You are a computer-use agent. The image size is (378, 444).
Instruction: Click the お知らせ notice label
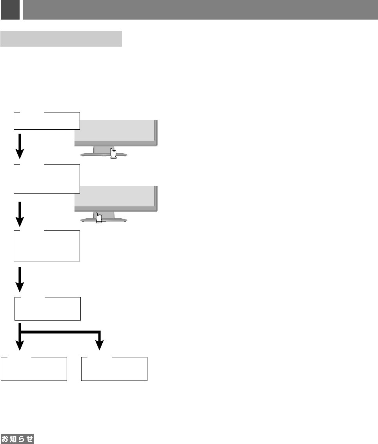(17, 439)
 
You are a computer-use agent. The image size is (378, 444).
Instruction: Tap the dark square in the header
(10, 10)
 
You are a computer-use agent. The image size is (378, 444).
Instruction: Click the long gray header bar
(200, 10)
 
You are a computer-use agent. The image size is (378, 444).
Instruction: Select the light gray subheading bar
(61, 39)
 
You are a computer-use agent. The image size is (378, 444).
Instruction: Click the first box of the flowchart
(47, 121)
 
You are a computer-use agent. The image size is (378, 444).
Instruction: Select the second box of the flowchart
(47, 179)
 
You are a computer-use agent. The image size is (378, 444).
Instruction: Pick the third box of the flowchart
(47, 246)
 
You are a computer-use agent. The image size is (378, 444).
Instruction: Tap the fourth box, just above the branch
(47, 309)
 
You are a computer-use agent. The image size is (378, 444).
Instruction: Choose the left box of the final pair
(34, 369)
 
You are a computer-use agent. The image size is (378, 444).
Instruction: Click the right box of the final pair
(114, 369)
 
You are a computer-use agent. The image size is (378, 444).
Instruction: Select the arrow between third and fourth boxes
(20, 279)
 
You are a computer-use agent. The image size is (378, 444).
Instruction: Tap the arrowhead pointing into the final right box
(100, 345)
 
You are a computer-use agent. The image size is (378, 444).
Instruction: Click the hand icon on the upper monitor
(113, 153)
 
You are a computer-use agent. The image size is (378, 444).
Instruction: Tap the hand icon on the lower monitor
(99, 218)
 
